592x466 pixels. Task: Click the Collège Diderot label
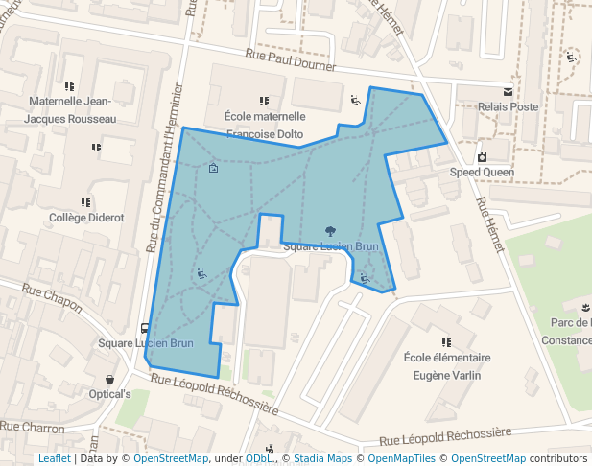pos(86,218)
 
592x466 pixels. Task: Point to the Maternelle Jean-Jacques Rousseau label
pos(70,109)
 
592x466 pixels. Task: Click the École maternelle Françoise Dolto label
pos(264,125)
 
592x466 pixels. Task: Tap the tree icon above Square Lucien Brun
pos(330,231)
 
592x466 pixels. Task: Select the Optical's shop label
pos(109,394)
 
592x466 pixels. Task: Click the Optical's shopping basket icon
pos(109,379)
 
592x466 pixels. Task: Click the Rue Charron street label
pos(33,428)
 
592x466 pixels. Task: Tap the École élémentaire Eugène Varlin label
pos(447,366)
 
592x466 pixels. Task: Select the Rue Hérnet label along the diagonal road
pos(489,225)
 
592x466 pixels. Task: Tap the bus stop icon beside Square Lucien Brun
pos(144,328)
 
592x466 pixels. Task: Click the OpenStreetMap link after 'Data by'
pos(171,459)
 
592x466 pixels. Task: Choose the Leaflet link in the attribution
pos(54,459)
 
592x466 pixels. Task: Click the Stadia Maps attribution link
pos(322,459)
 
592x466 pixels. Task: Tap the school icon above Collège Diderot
pos(86,202)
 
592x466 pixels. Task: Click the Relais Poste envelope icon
pos(508,92)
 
